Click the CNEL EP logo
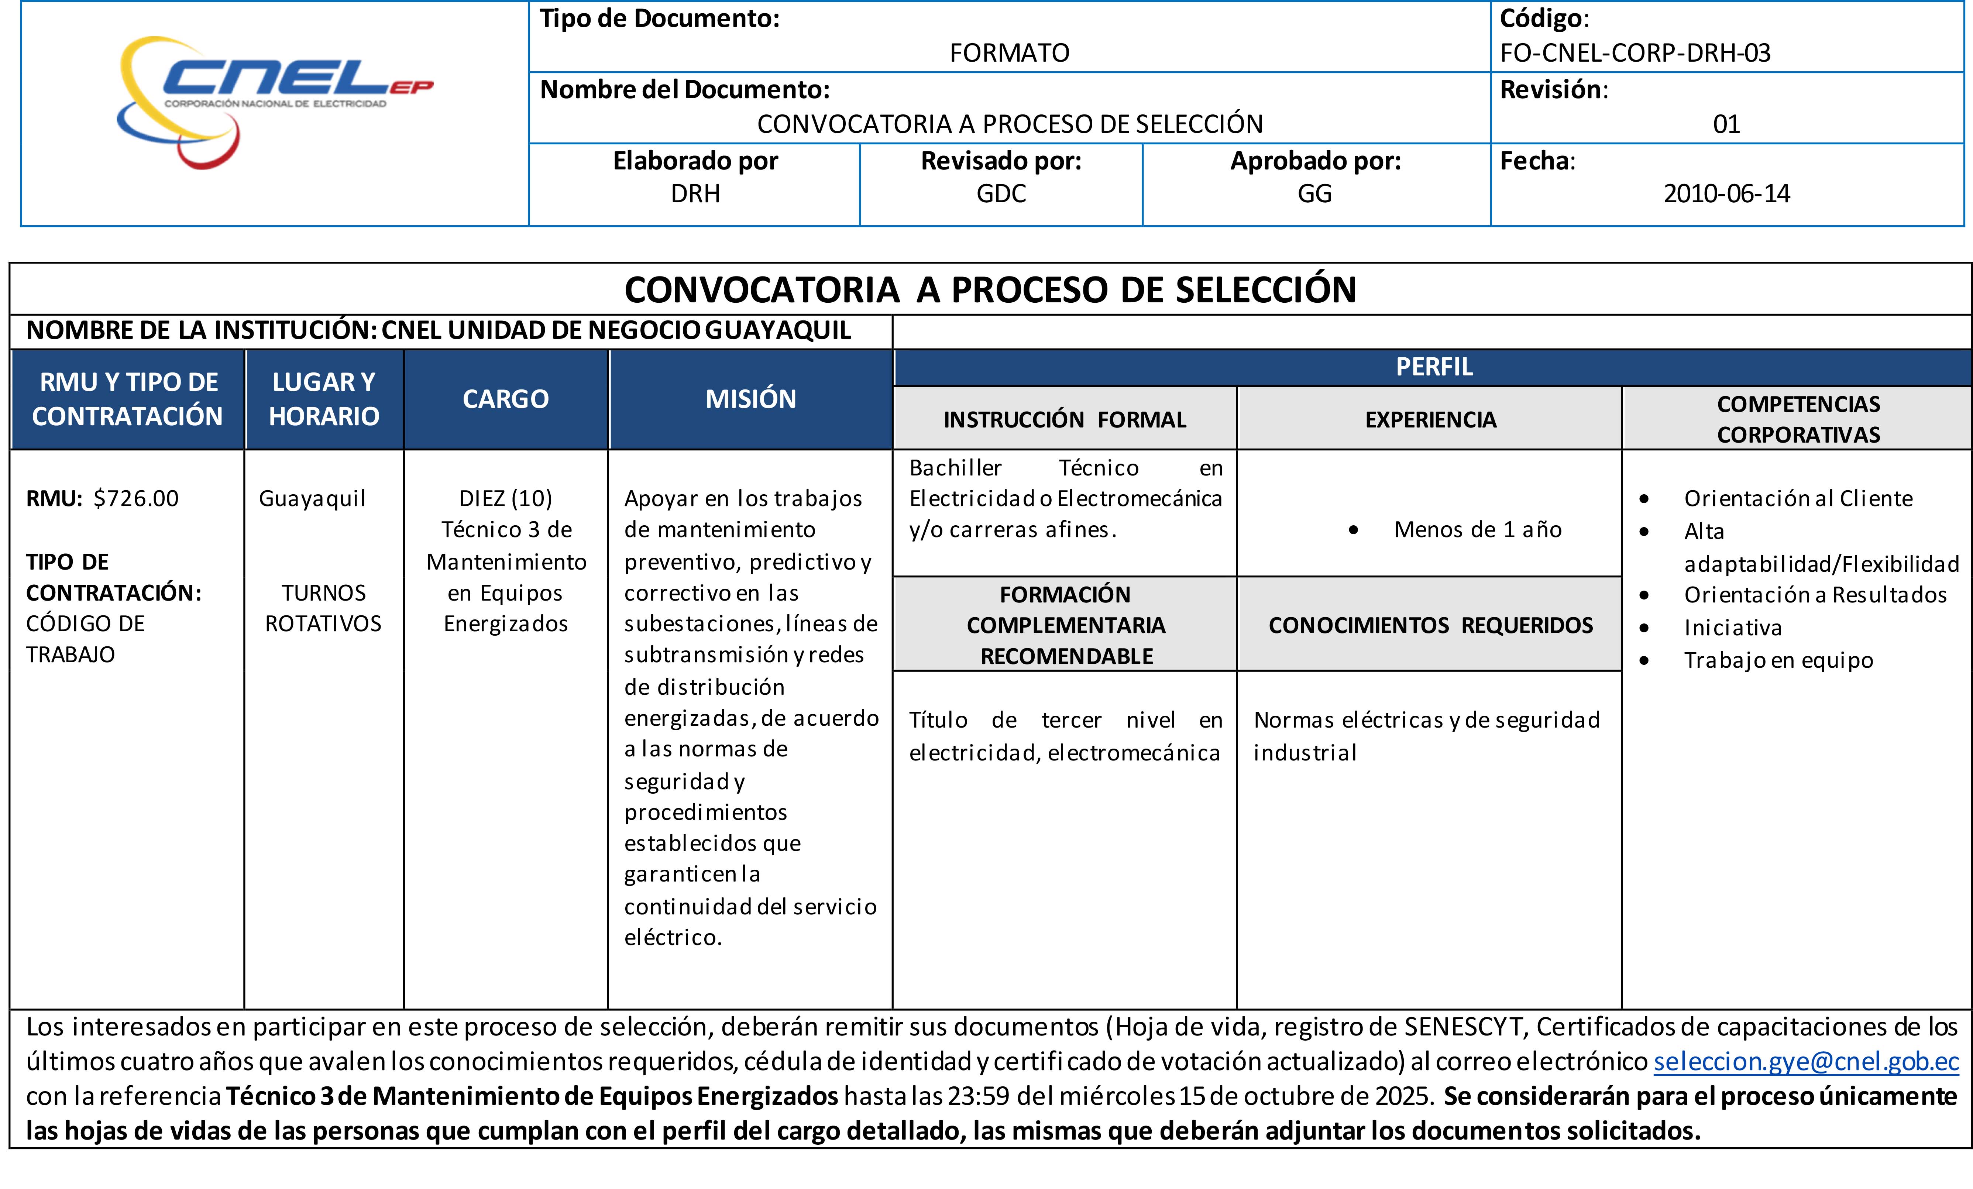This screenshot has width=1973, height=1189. pyautogui.click(x=272, y=100)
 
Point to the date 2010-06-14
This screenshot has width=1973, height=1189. pyautogui.click(x=1726, y=194)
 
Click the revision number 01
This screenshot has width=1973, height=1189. pyautogui.click(x=1726, y=124)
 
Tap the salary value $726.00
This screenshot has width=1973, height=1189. pyautogui.click(x=136, y=498)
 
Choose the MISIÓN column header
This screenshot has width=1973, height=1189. pyautogui.click(x=750, y=399)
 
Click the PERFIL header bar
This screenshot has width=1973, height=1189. pyautogui.click(x=1433, y=367)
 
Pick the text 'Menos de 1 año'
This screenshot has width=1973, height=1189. pyautogui.click(x=1477, y=529)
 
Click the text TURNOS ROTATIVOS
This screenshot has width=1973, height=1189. pyautogui.click(x=323, y=608)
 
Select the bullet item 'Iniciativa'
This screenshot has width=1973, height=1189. pyautogui.click(x=1733, y=628)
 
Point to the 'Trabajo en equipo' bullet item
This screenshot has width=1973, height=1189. pyautogui.click(x=1778, y=660)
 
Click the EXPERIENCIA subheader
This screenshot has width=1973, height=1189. pyautogui.click(x=1430, y=420)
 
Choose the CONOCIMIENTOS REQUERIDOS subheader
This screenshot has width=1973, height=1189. pyautogui.click(x=1430, y=625)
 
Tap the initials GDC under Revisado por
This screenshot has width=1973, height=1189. pyautogui.click(x=1001, y=194)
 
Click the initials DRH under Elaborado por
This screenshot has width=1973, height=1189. pyautogui.click(x=695, y=194)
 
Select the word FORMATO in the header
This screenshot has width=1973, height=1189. pyautogui.click(x=1009, y=53)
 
